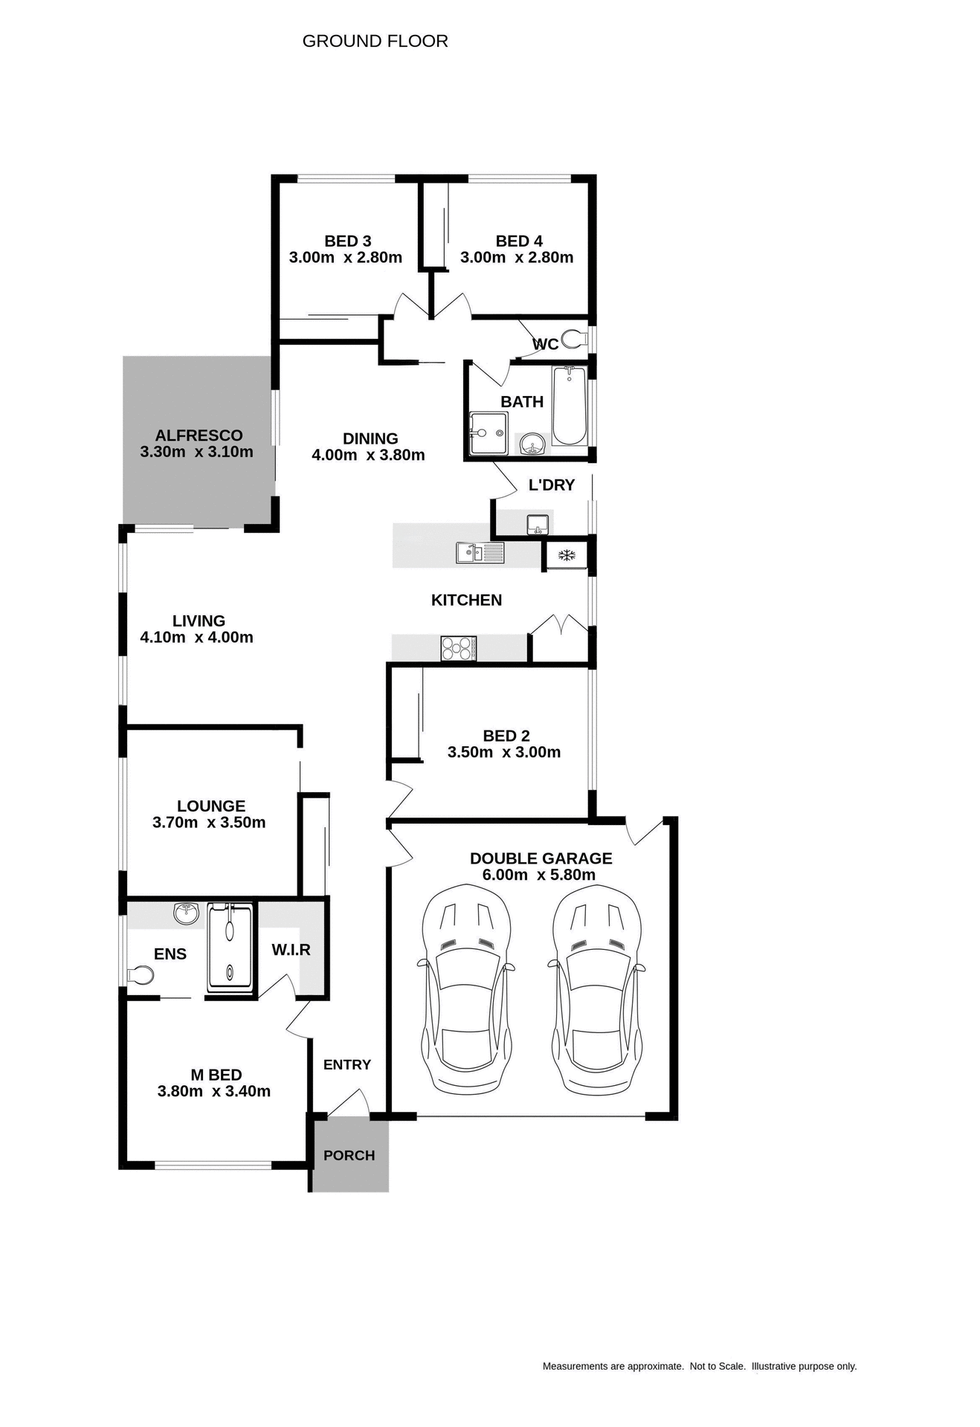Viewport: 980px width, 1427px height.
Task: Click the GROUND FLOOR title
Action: tap(375, 42)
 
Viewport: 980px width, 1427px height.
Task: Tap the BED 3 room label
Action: tap(347, 241)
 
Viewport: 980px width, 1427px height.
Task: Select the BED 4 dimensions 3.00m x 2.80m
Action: tap(517, 258)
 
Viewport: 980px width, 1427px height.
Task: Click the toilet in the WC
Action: tap(573, 340)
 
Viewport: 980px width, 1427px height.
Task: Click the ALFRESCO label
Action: tap(199, 436)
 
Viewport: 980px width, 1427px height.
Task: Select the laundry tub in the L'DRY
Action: tap(538, 525)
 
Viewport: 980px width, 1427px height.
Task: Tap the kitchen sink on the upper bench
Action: tap(480, 552)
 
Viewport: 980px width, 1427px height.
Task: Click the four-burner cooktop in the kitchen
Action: tap(458, 648)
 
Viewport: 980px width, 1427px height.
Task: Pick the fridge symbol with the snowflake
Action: tap(567, 555)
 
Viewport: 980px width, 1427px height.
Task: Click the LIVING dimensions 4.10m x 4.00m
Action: tap(196, 638)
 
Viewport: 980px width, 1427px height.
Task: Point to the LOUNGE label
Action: tap(211, 806)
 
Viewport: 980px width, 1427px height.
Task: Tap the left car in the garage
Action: tap(466, 988)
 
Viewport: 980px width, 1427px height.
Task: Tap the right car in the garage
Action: tap(597, 988)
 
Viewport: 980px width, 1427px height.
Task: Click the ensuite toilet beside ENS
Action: tap(140, 974)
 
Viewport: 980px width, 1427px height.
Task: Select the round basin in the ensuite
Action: tap(186, 913)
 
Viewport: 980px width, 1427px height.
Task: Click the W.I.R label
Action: tap(291, 950)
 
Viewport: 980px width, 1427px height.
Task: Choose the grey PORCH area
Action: tap(349, 1156)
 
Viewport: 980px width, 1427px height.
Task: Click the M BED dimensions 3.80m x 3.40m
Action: tap(214, 1092)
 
